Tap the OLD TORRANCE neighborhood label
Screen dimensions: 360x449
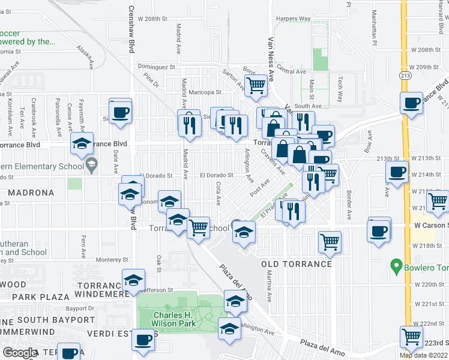(297, 264)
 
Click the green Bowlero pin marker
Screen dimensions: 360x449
(396, 265)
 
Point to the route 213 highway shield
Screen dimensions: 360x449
(406, 74)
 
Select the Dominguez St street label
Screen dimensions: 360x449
(156, 67)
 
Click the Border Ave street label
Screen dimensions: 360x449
(349, 205)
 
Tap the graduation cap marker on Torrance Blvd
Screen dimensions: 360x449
(82, 143)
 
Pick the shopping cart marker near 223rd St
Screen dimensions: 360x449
(411, 337)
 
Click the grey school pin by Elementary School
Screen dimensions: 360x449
(91, 164)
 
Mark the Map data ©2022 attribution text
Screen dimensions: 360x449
(424, 355)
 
